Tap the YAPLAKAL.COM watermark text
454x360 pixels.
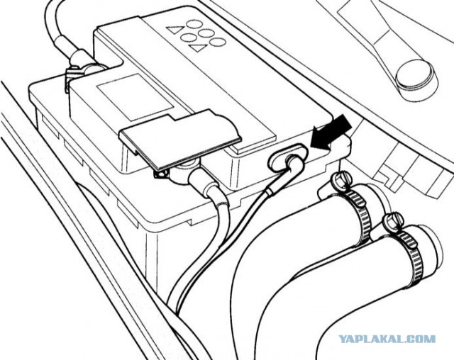[387, 339]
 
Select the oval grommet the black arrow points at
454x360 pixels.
[287, 157]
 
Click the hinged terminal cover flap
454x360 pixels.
[181, 139]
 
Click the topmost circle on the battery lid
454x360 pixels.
[194, 23]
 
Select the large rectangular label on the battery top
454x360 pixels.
[135, 96]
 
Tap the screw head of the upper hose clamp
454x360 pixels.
[342, 179]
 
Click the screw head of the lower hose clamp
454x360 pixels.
[392, 221]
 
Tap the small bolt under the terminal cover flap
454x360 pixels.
[160, 174]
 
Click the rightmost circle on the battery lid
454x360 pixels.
[218, 43]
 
